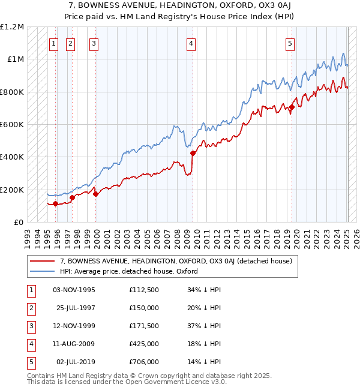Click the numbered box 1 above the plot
coord(53,43)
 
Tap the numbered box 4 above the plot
coord(190,43)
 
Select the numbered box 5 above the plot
coord(290,43)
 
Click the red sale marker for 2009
coord(193,153)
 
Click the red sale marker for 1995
coord(55,204)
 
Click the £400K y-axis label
coord(12,157)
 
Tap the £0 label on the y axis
coord(19,222)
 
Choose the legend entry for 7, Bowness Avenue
coord(175,261)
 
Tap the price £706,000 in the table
coord(144,362)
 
